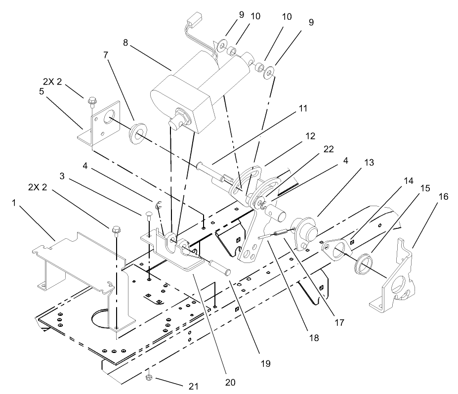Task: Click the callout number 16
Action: click(443, 196)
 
